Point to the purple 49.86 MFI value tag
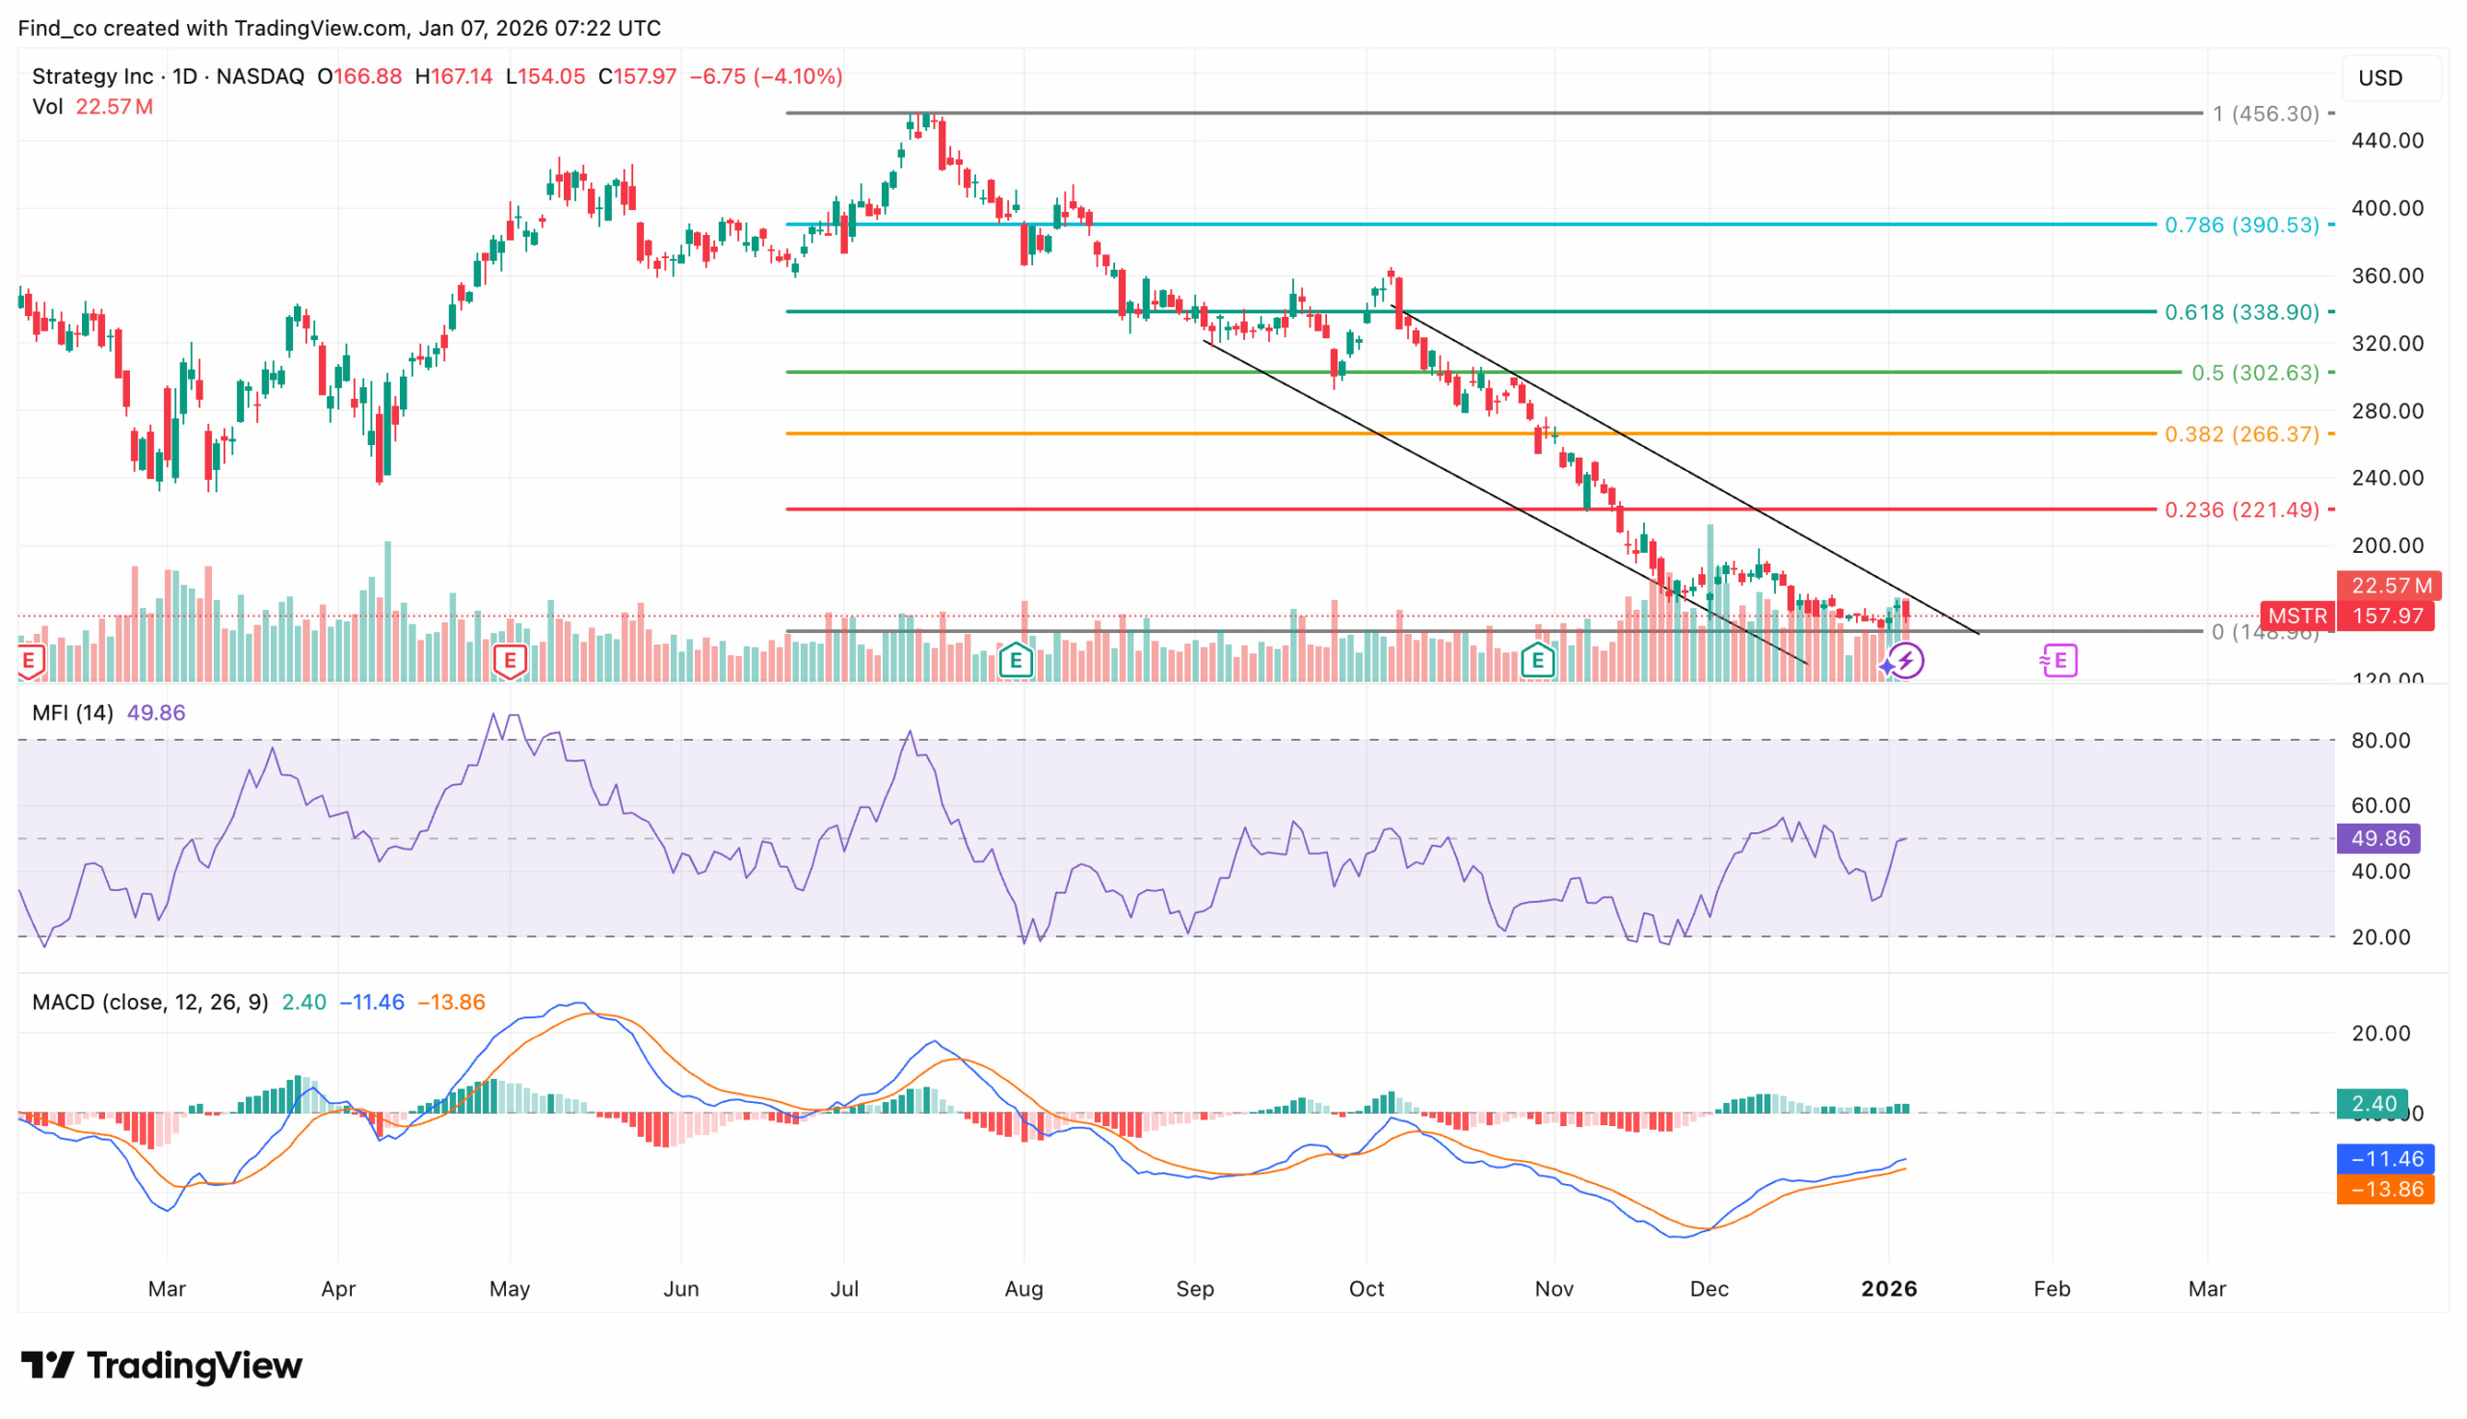click(2379, 838)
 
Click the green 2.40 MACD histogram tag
click(2373, 1103)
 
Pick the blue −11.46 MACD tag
click(2385, 1159)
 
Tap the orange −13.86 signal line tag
click(2385, 1189)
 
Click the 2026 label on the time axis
click(1888, 1288)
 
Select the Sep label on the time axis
click(1194, 1288)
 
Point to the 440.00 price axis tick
click(2386, 141)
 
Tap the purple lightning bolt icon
click(1905, 661)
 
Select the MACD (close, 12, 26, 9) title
click(150, 1002)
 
